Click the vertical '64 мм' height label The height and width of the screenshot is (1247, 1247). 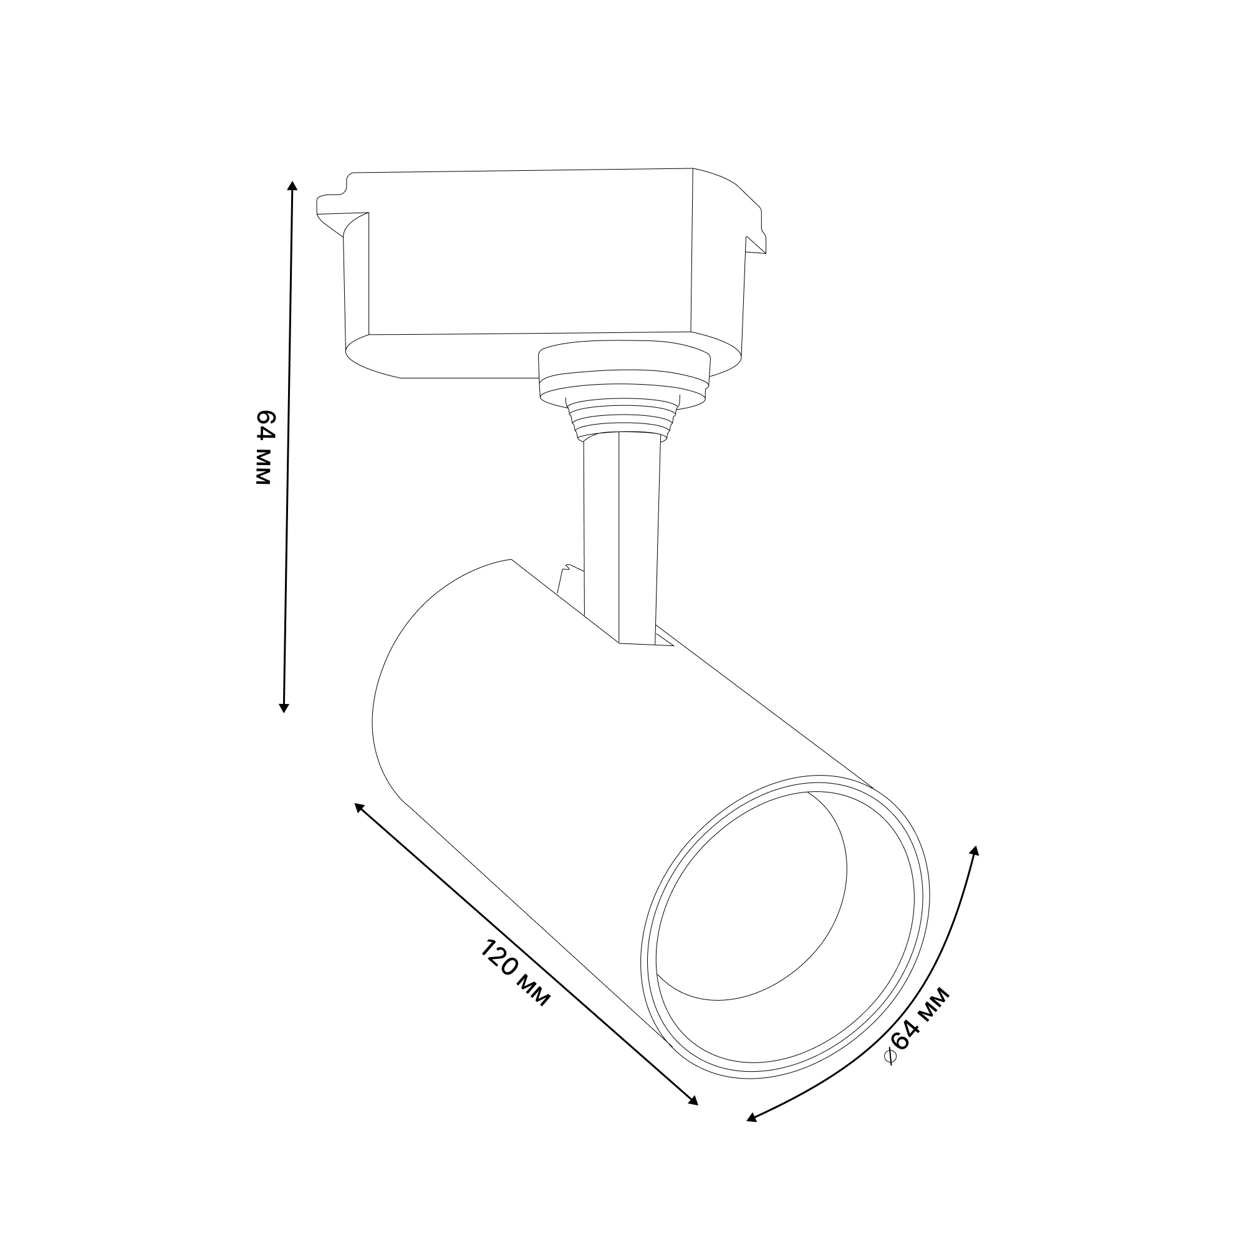coord(265,446)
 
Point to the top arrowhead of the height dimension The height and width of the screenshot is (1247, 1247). coord(292,186)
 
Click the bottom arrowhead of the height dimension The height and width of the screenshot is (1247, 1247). coord(283,708)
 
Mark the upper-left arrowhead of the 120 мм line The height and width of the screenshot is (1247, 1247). coord(359,807)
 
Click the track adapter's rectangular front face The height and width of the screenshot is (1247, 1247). coord(529,253)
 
